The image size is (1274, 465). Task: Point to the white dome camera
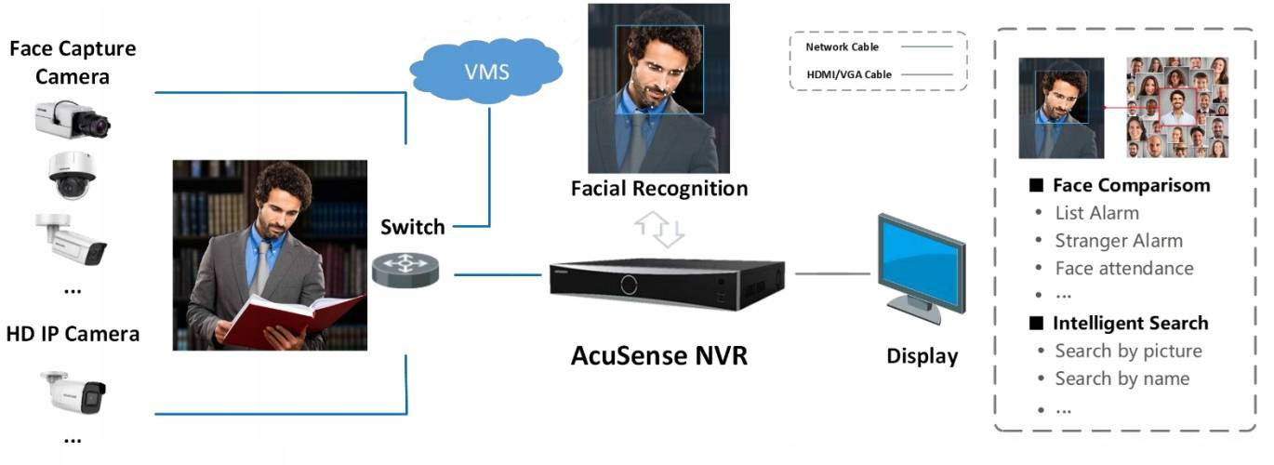coord(72,175)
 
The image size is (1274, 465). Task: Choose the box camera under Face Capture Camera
coord(73,119)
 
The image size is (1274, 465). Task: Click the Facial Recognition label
coord(659,189)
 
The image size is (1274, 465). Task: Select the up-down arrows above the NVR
coord(658,229)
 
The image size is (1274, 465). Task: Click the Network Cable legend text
coord(842,46)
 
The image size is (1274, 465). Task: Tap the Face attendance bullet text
coord(1123,268)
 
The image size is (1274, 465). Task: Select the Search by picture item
coord(1128,351)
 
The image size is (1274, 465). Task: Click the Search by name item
coord(1121,379)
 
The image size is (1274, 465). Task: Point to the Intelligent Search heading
coord(1129,323)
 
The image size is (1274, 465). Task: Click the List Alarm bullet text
coord(1096,213)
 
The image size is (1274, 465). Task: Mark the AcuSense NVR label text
coord(658,354)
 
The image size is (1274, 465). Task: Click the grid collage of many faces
coord(1177,107)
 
